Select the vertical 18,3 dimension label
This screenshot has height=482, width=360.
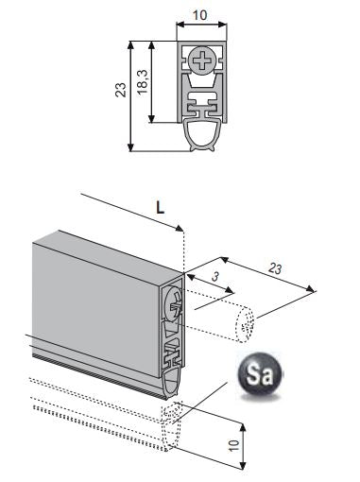tap(143, 81)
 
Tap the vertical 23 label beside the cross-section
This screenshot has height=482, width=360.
tap(121, 90)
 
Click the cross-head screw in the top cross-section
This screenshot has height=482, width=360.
tap(203, 60)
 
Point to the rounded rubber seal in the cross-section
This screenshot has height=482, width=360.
tap(203, 135)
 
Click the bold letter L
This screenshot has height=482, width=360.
tap(161, 207)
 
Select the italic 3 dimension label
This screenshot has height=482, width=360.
tap(214, 277)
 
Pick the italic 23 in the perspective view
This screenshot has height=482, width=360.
tap(275, 268)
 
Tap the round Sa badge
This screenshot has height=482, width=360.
tap(260, 374)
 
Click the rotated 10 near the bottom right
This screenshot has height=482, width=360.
tap(234, 445)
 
